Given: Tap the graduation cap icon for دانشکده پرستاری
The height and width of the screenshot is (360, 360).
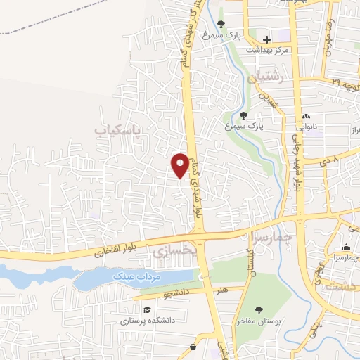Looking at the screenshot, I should pos(147,309).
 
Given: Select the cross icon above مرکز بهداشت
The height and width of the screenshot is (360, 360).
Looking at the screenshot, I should pos(266,39).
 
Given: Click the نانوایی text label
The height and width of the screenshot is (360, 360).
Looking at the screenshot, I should pos(306,128).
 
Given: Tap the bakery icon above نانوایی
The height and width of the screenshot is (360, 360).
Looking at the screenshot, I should pos(306,116).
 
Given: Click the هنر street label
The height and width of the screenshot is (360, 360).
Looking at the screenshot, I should pos(224,288).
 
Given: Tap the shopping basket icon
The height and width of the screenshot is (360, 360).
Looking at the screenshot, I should pos(193,347).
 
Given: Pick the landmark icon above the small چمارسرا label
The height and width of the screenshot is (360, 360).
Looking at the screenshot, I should pos(347,247).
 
